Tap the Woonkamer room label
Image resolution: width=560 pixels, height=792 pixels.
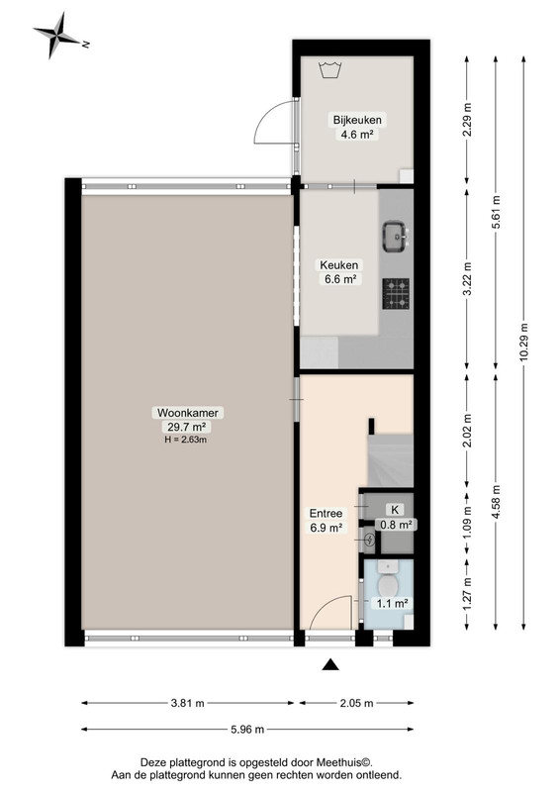click(188, 412)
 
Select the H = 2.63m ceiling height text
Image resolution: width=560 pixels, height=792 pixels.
click(185, 440)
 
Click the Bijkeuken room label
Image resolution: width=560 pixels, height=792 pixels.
click(357, 120)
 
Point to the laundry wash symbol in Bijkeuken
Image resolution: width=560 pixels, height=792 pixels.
click(330, 69)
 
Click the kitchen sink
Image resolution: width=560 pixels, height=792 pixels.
click(396, 237)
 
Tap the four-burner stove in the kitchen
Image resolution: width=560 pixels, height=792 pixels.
click(396, 294)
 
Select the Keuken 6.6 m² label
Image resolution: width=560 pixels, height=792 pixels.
click(338, 271)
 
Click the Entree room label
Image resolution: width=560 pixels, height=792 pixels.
click(326, 513)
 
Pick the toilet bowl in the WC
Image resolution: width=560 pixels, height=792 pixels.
click(388, 584)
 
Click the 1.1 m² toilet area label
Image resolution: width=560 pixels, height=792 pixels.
click(392, 603)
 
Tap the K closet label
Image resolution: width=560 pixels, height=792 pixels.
click(395, 510)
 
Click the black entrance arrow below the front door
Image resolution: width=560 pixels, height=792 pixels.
click(330, 664)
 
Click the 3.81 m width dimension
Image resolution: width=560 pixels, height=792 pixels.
click(188, 703)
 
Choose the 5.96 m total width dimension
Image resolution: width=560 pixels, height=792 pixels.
click(247, 729)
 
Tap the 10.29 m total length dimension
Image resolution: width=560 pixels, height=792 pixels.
click(523, 342)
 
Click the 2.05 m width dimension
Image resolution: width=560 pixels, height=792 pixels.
click(357, 703)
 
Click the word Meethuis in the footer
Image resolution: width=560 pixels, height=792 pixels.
click(343, 761)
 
